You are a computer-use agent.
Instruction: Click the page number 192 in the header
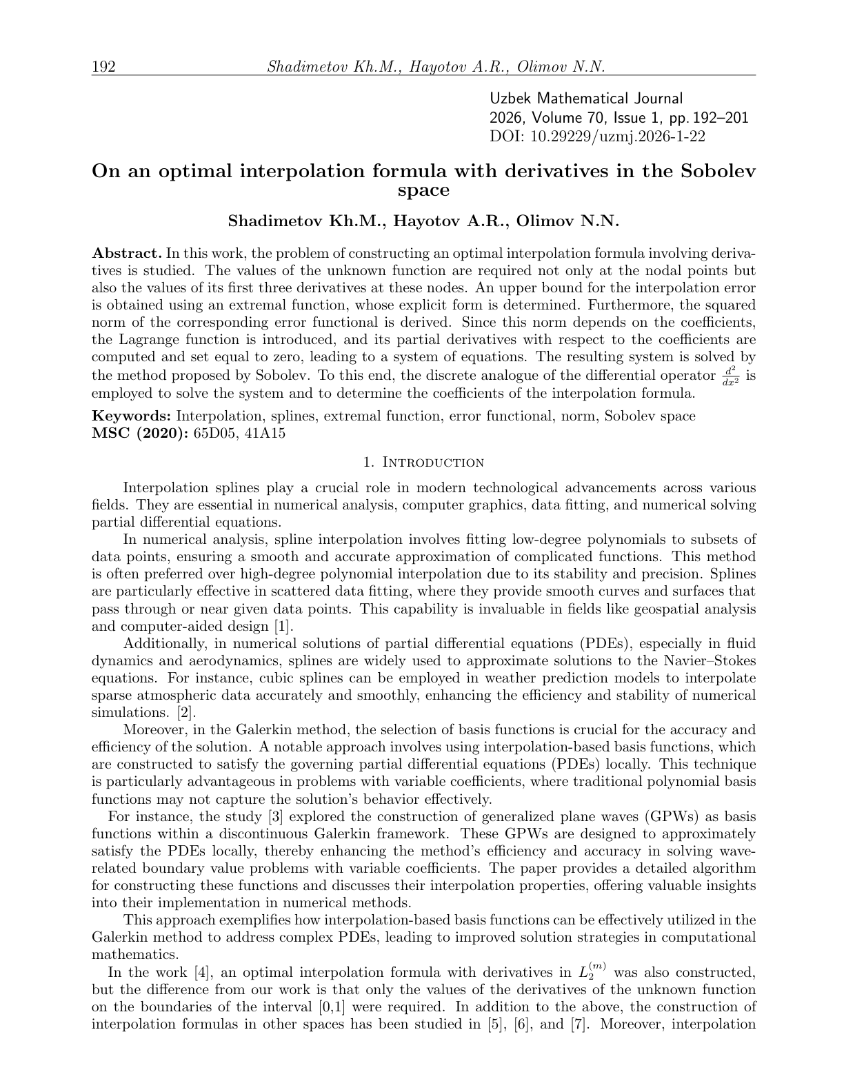click(x=103, y=67)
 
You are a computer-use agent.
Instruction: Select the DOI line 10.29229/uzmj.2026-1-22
click(x=597, y=136)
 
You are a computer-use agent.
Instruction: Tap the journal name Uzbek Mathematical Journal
click(x=586, y=99)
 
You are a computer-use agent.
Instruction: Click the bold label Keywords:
click(x=132, y=416)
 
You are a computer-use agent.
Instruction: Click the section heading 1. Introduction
click(x=423, y=462)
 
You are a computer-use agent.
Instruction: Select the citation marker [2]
click(x=187, y=712)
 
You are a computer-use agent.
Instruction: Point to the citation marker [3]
click(x=274, y=817)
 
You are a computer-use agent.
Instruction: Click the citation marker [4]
click(x=201, y=972)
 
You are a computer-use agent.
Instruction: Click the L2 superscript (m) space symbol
click(x=593, y=972)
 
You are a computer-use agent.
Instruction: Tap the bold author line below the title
click(x=423, y=221)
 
